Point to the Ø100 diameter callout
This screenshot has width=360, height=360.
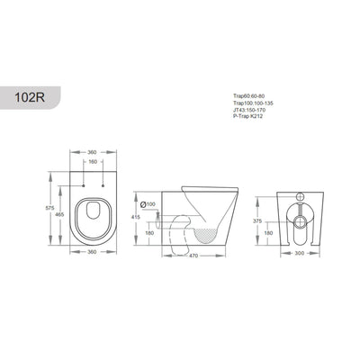(x=149, y=204)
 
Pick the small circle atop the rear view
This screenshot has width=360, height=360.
(x=300, y=195)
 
